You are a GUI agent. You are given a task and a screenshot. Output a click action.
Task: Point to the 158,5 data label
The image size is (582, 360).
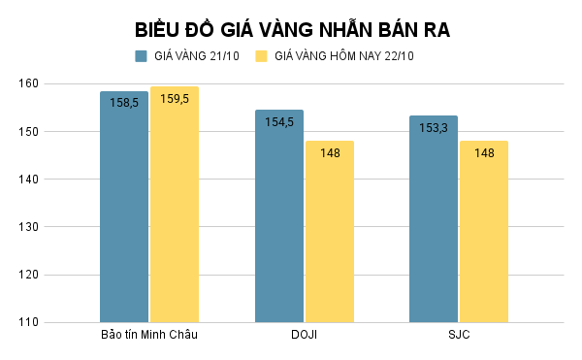124,101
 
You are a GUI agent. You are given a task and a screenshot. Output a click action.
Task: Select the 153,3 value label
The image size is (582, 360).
434,126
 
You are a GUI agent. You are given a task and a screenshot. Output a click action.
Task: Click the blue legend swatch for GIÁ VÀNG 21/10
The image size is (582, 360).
141,56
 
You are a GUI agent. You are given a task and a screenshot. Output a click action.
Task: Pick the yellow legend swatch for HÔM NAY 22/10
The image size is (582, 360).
261,56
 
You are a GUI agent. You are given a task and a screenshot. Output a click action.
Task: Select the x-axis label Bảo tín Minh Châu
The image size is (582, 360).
149,336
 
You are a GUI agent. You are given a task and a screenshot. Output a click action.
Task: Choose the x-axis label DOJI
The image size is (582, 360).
304,336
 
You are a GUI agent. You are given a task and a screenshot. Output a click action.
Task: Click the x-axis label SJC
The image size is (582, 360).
459,336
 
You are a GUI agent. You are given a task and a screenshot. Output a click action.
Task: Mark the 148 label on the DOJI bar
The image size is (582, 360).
330,152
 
